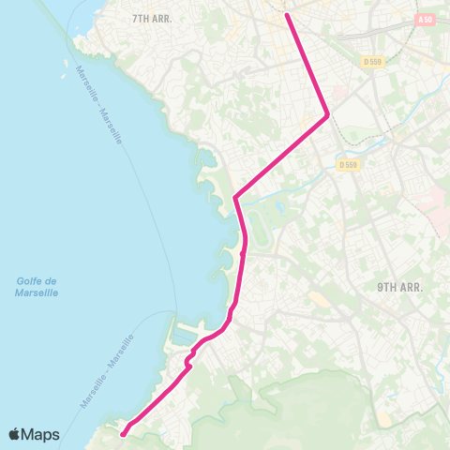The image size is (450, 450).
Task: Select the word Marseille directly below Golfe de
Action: coord(37,293)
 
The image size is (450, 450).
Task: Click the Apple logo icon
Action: coord(16,434)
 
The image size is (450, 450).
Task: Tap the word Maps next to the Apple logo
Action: coord(42,434)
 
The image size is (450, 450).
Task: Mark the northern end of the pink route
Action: coord(286,14)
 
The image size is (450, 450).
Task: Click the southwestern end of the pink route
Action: coord(123,432)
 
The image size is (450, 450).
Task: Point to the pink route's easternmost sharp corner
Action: coord(327,115)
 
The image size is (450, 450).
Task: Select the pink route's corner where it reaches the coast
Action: coord(234,198)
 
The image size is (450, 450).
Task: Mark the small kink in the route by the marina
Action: coord(188,358)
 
